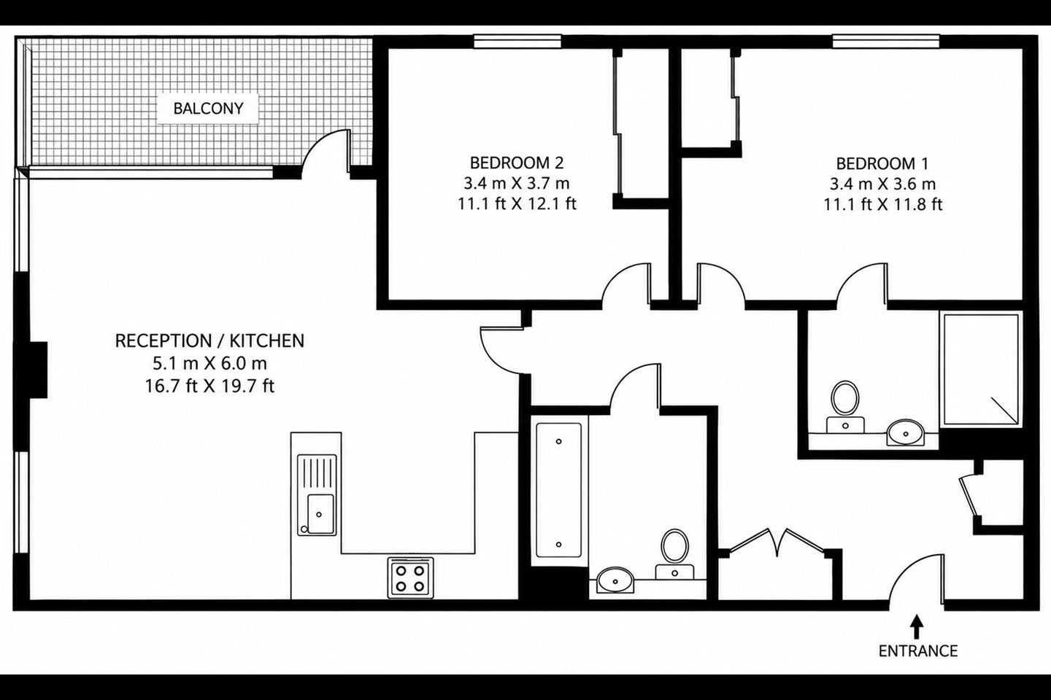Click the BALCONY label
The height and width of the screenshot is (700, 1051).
[x=208, y=109]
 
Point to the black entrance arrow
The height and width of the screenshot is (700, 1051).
[x=917, y=627]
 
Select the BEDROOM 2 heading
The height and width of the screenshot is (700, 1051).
[x=517, y=163]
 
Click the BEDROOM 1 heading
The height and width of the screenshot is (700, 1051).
[x=882, y=163]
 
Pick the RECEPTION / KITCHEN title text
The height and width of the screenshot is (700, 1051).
[x=209, y=341]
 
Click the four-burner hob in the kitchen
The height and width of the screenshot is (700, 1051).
[x=410, y=577]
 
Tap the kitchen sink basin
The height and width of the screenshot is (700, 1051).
[x=321, y=514]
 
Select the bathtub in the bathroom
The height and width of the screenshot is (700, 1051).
[x=558, y=491]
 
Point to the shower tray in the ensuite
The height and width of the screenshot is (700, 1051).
[x=981, y=370]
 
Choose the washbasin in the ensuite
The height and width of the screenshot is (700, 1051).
[x=905, y=432]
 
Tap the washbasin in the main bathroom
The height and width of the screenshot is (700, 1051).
[x=615, y=580]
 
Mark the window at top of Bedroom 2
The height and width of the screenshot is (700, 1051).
[x=517, y=42]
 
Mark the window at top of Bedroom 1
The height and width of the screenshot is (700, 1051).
[x=886, y=42]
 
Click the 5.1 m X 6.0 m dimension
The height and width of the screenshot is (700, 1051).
[x=209, y=363]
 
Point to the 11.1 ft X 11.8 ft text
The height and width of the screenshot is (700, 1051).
[x=882, y=204]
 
